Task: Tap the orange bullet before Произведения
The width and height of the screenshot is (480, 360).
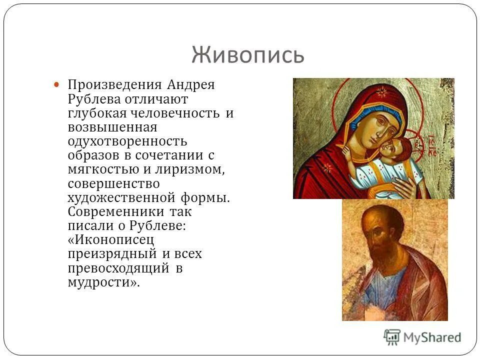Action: coord(57,85)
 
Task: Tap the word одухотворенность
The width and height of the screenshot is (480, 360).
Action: coord(127,141)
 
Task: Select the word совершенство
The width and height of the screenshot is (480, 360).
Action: coord(113,183)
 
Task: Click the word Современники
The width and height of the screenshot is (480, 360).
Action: coord(112,211)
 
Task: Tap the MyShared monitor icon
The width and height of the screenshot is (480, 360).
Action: coord(392,336)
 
